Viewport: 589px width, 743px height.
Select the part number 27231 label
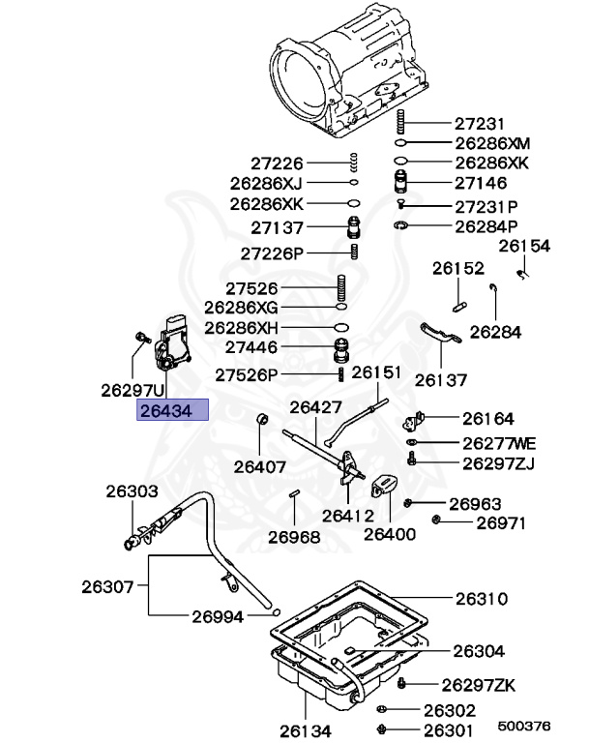(x=481, y=124)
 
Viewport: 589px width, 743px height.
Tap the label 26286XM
(x=492, y=142)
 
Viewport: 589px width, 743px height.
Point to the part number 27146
(x=481, y=183)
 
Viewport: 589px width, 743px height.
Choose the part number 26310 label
(x=481, y=599)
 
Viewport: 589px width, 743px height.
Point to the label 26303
(x=132, y=491)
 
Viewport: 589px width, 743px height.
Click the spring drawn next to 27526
(x=341, y=288)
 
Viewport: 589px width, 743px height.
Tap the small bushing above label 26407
(x=260, y=420)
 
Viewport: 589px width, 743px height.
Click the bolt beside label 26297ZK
(x=402, y=684)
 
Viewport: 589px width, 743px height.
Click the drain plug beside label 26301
(x=382, y=728)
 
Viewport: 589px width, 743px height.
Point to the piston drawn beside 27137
(x=355, y=228)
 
